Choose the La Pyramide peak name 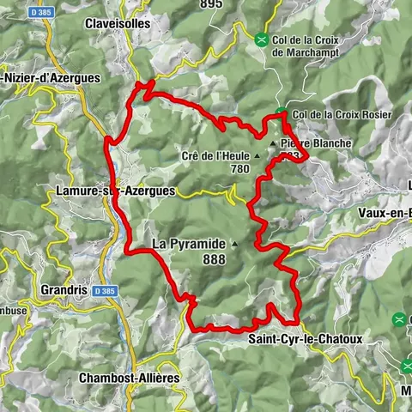pyautogui.click(x=188, y=244)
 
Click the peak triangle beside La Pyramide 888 pyautogui.click(x=233, y=244)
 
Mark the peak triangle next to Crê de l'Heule pyautogui.click(x=257, y=155)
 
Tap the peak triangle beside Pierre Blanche pyautogui.click(x=273, y=143)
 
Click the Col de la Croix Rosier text pyautogui.click(x=342, y=114)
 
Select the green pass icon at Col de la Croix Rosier pyautogui.click(x=282, y=113)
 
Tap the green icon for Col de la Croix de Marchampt pyautogui.click(x=261, y=38)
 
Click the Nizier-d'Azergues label pyautogui.click(x=51, y=77)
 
